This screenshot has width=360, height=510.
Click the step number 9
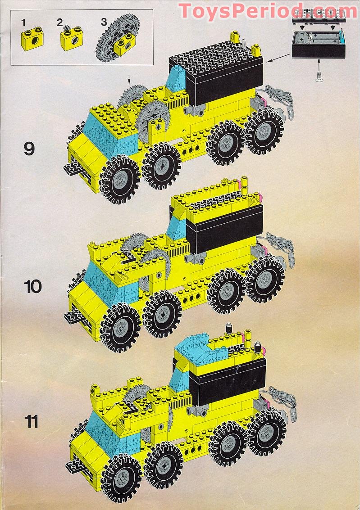click(29, 148)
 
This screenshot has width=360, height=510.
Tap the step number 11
click(31, 422)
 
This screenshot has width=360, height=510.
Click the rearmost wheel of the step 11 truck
click(267, 433)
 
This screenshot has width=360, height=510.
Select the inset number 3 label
click(104, 22)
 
